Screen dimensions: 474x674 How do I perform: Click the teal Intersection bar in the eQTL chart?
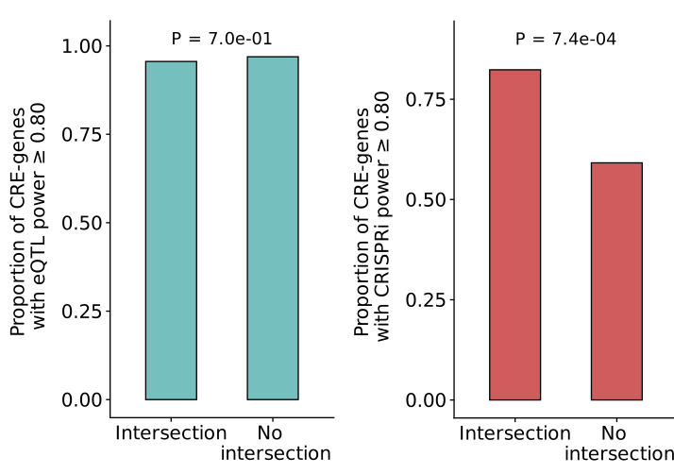[171, 230]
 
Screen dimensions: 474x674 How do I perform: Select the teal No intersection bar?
[273, 228]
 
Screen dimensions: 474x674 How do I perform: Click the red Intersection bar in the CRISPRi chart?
[514, 234]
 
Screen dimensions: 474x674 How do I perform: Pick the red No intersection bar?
[616, 280]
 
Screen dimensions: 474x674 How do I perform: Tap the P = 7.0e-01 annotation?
[222, 40]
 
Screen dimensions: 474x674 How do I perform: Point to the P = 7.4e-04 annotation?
[565, 40]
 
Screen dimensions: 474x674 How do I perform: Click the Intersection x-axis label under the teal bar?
[171, 433]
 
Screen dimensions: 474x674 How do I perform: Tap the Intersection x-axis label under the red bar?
[514, 433]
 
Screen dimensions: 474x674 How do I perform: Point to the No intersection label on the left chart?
[275, 444]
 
